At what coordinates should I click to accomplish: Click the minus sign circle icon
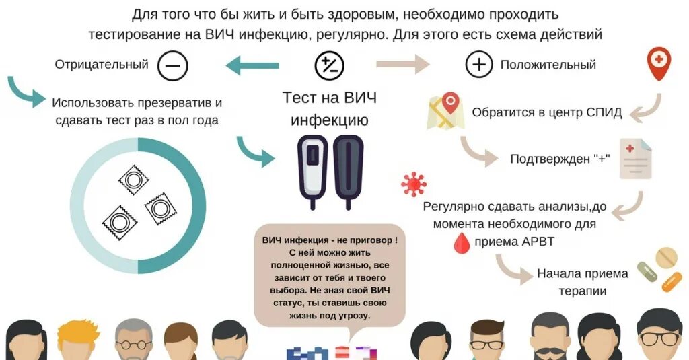click(x=172, y=66)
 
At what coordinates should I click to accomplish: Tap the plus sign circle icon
click(x=479, y=65)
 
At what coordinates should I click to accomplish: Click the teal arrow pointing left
click(x=252, y=66)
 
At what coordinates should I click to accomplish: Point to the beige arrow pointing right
click(x=402, y=65)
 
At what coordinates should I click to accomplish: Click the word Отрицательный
click(x=102, y=65)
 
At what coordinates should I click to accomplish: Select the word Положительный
click(x=548, y=65)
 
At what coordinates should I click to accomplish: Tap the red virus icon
click(x=413, y=183)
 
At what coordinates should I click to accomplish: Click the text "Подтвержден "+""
click(x=560, y=159)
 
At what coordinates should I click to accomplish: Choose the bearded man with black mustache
click(x=551, y=340)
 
